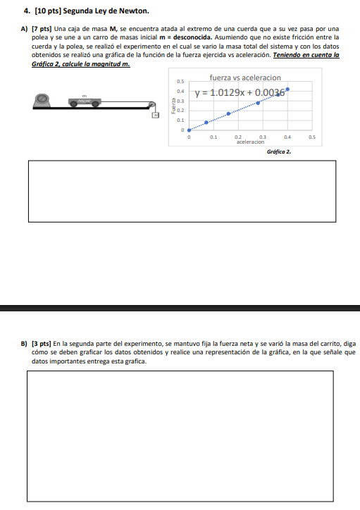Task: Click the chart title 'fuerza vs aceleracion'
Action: pyautogui.click(x=245, y=77)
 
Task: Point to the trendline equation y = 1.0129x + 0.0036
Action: pyautogui.click(x=240, y=93)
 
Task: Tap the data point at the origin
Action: pyautogui.click(x=190, y=130)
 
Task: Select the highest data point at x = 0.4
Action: pyautogui.click(x=287, y=89)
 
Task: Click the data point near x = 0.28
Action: pyautogui.click(x=258, y=103)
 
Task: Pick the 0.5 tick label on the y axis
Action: pyautogui.click(x=180, y=82)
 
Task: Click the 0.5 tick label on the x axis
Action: pyautogui.click(x=312, y=137)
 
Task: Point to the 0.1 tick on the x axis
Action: pyautogui.click(x=213, y=137)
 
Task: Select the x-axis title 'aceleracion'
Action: pyautogui.click(x=250, y=142)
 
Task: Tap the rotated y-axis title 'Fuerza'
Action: pyautogui.click(x=173, y=106)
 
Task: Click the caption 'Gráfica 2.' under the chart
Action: pyautogui.click(x=279, y=152)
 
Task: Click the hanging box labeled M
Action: pyautogui.click(x=156, y=115)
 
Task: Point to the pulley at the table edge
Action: pyautogui.click(x=152, y=105)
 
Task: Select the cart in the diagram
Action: pyautogui.click(x=85, y=102)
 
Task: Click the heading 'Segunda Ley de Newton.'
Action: pyautogui.click(x=106, y=11)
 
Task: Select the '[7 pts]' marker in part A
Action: pyautogui.click(x=42, y=29)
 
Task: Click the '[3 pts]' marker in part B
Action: pyautogui.click(x=42, y=344)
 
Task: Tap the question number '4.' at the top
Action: pyautogui.click(x=27, y=11)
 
